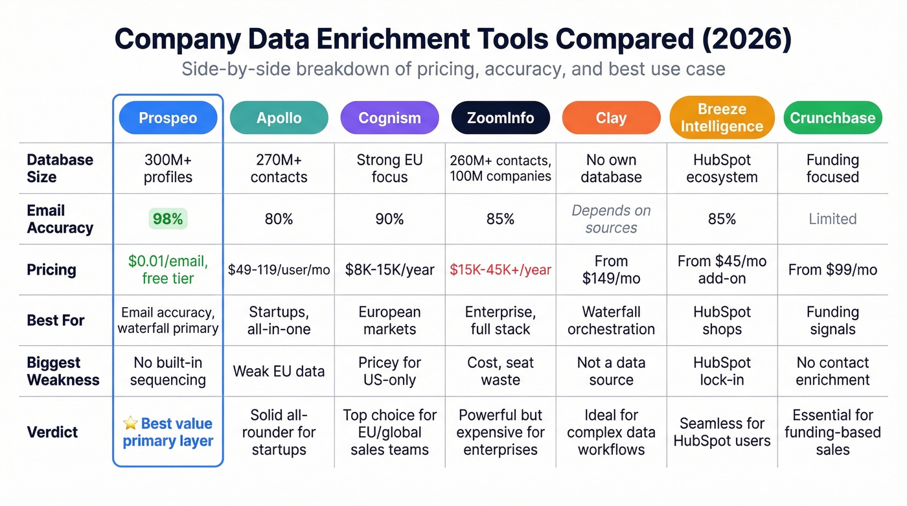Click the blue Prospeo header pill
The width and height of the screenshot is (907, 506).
[x=168, y=118]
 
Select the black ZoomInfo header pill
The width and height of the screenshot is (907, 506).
[x=500, y=118]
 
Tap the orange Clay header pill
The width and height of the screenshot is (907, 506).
[x=611, y=118]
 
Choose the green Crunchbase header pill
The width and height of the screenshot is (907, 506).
[x=832, y=118]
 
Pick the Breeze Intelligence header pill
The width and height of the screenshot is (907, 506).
[x=722, y=118]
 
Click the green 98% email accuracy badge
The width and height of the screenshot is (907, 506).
[x=168, y=219]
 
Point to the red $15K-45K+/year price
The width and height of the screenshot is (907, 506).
[x=500, y=270]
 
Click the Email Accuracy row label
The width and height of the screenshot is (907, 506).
[x=60, y=219]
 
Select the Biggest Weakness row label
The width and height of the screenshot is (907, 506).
[x=63, y=371]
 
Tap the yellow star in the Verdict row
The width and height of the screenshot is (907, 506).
[x=130, y=424]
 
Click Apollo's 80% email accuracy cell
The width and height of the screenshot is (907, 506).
[x=279, y=219]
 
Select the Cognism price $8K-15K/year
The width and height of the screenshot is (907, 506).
[x=389, y=270]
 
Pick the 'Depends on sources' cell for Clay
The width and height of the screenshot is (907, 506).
[x=611, y=219]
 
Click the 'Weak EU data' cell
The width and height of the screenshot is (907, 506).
[x=279, y=371]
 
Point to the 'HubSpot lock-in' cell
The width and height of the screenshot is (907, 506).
[x=722, y=371]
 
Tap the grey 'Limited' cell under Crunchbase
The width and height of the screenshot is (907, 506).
[x=832, y=219]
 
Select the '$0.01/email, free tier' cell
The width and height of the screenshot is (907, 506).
[x=168, y=270]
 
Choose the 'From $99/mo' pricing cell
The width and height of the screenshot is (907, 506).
[x=832, y=270]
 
